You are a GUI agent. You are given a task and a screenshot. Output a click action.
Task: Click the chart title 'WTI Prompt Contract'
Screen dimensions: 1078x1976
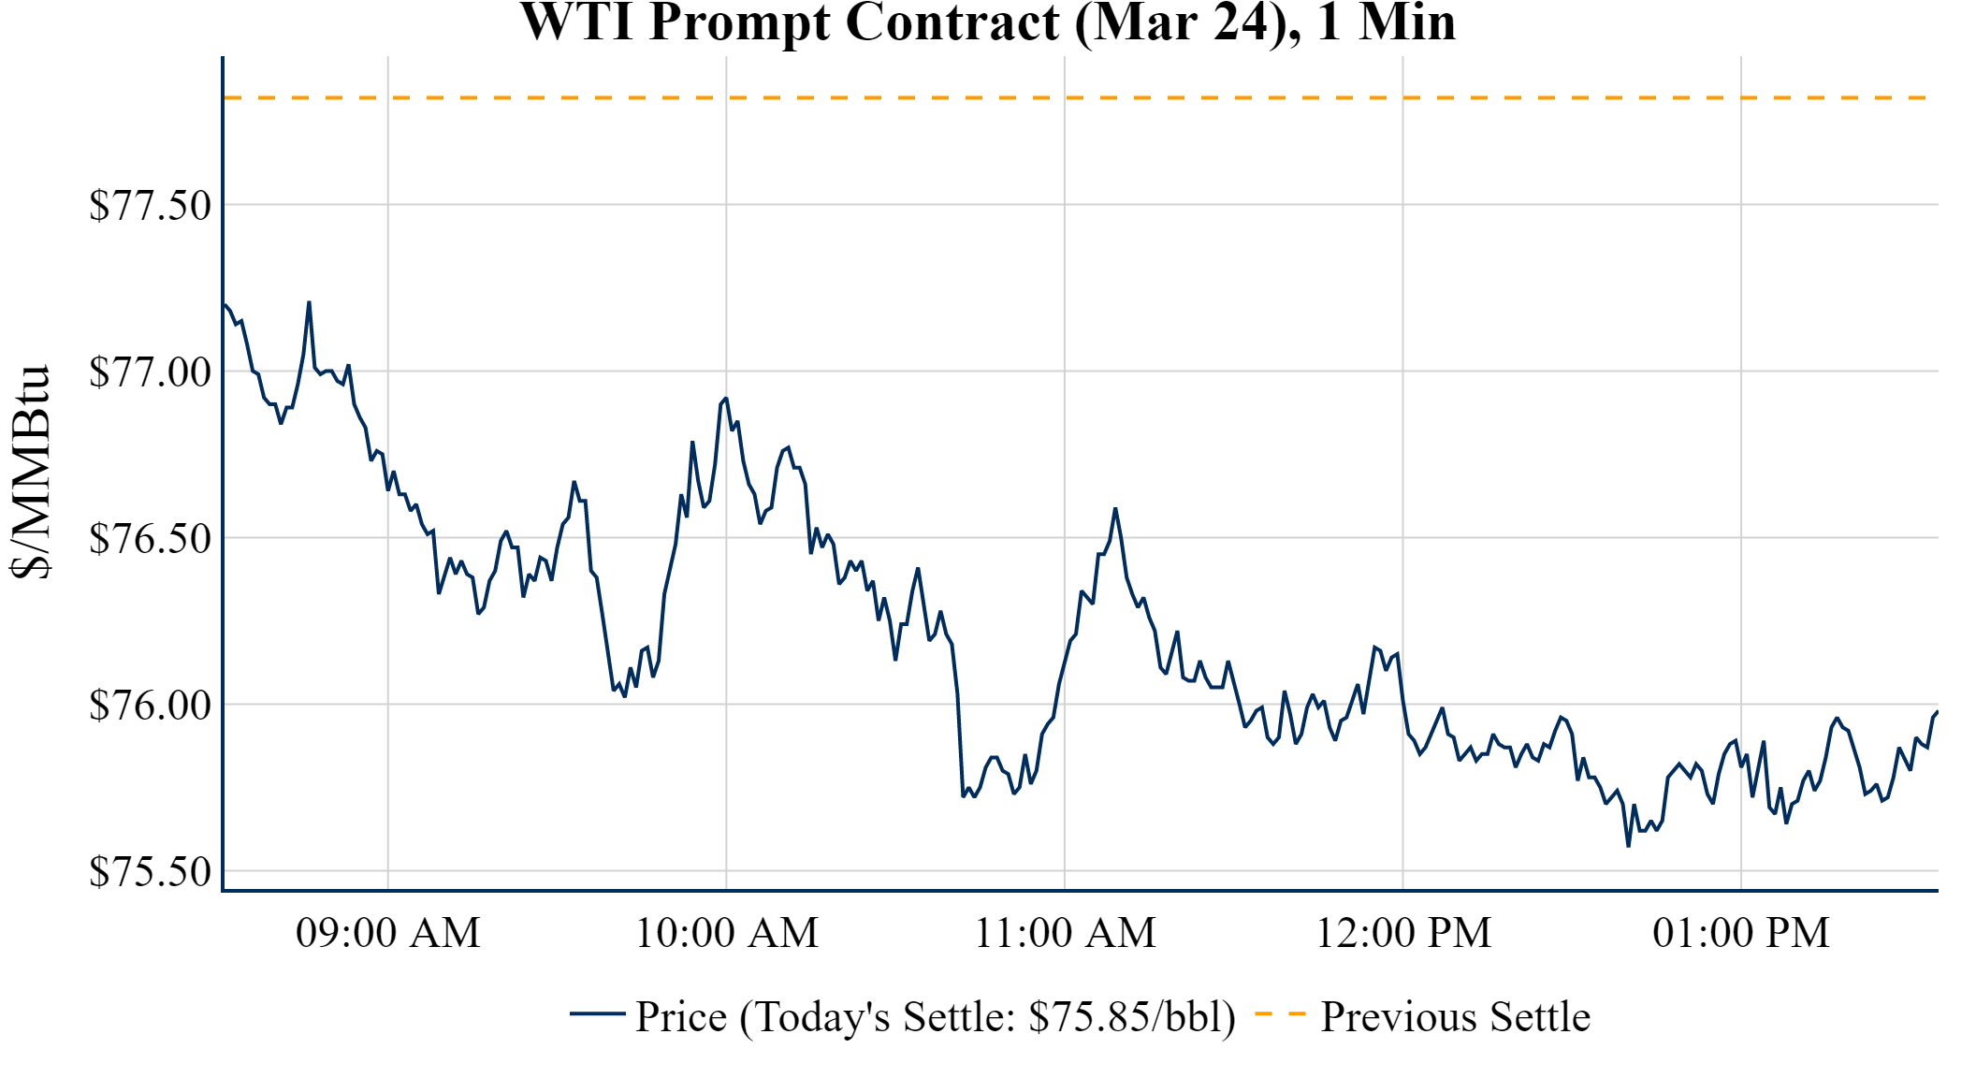(987, 22)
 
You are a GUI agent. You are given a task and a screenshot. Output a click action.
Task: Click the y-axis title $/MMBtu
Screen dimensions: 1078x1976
(30, 472)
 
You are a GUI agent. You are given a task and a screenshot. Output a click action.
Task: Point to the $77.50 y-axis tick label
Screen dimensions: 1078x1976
(150, 205)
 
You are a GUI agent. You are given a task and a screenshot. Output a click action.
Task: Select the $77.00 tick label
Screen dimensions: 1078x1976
(150, 371)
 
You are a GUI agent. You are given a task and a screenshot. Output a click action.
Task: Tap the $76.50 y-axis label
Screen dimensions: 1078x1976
(150, 538)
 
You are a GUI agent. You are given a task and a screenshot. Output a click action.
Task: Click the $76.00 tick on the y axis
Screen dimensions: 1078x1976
(150, 705)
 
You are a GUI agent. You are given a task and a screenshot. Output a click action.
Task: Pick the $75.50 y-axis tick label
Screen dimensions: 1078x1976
(150, 871)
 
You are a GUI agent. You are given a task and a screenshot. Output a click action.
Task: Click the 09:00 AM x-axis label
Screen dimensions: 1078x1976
(387, 933)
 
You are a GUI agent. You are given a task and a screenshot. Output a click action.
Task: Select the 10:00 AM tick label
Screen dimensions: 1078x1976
(726, 933)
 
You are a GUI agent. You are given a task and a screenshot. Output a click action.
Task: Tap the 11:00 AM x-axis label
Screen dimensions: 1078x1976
(1065, 933)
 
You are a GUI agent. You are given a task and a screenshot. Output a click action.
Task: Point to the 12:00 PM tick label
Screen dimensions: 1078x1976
(1402, 933)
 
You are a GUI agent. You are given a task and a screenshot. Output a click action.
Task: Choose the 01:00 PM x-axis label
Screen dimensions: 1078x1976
(1740, 933)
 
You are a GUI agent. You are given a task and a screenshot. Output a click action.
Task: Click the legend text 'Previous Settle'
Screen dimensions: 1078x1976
(1455, 1016)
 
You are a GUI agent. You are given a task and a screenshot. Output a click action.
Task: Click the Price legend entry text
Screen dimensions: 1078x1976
(935, 1016)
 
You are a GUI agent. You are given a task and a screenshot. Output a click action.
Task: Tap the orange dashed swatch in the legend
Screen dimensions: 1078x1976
(1279, 1014)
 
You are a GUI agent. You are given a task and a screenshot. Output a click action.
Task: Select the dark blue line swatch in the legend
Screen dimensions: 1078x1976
(597, 1014)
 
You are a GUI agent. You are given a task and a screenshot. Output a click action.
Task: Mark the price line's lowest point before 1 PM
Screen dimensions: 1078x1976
(1628, 846)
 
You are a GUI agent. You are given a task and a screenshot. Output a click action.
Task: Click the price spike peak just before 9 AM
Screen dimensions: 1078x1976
(309, 302)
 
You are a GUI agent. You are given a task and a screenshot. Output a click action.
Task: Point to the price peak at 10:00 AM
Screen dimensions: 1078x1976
(725, 399)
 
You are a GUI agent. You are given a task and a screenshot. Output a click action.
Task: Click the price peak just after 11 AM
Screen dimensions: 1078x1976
(1115, 508)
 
